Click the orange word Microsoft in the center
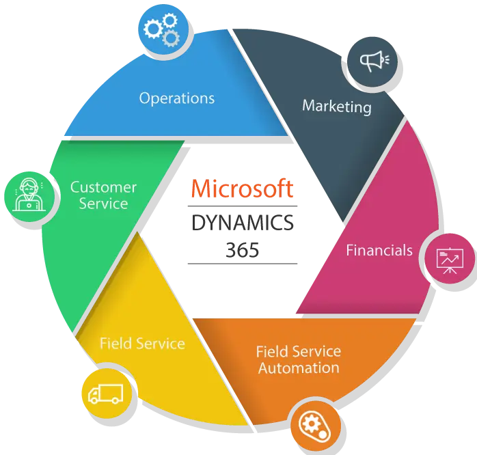(243, 189)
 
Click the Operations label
(177, 98)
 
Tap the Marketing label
(337, 106)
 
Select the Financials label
(379, 250)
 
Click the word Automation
(299, 368)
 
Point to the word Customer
(103, 187)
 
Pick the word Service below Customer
(103, 204)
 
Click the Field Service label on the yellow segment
(142, 343)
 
